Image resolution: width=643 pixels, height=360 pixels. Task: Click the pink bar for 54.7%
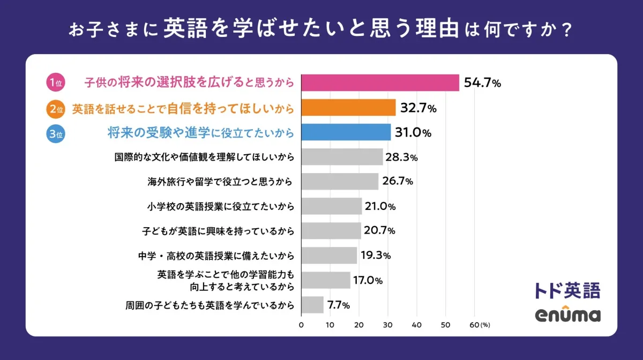coord(380,83)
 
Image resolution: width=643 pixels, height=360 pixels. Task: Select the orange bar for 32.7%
coord(348,108)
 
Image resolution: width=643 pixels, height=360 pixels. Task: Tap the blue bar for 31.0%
coord(346,132)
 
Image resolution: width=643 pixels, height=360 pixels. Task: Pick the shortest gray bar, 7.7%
coord(312,305)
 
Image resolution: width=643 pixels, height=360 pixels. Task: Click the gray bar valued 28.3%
coord(342,157)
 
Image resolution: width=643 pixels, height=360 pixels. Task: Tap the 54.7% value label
coord(482,83)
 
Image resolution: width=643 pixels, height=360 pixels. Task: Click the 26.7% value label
coord(398,182)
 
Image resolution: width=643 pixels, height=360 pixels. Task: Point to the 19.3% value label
coord(376,256)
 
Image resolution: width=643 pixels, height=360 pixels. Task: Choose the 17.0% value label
coord(368,280)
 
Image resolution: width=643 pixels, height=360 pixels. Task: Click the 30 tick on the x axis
coord(388,325)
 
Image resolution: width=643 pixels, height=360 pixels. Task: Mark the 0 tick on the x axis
coord(301,325)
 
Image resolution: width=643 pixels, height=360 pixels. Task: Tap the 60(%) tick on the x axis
coord(478,325)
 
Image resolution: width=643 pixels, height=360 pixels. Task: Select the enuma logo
coord(567,315)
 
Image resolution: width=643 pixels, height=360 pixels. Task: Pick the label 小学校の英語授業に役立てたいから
coord(220,206)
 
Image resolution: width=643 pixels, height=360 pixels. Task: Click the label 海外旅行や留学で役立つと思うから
coord(220,182)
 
